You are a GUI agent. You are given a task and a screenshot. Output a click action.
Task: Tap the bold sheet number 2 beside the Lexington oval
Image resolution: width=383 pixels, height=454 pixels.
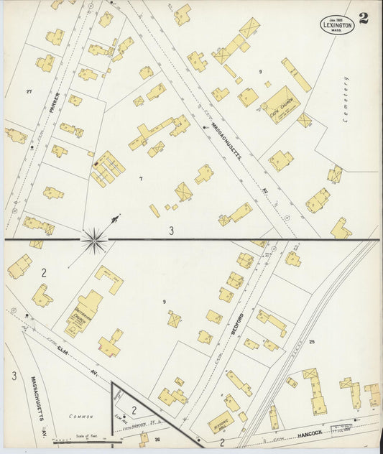[x=364, y=18]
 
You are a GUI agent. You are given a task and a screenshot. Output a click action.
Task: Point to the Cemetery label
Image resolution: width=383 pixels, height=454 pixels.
[x=346, y=103]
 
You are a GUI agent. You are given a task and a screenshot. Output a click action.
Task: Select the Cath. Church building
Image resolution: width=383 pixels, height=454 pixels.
[x=280, y=105]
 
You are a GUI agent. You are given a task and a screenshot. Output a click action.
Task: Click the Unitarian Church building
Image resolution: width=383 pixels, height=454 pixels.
[x=83, y=312]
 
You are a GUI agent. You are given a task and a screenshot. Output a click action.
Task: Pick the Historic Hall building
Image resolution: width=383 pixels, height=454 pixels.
[x=221, y=420]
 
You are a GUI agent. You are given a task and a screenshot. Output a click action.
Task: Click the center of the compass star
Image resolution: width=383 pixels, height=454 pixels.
[x=94, y=239]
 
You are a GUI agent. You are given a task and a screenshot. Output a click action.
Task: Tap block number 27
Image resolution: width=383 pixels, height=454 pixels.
[x=29, y=91]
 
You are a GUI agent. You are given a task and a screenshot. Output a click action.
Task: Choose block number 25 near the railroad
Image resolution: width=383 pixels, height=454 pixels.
[x=312, y=342]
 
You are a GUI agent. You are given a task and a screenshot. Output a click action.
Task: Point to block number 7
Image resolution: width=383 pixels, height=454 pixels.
[x=141, y=178]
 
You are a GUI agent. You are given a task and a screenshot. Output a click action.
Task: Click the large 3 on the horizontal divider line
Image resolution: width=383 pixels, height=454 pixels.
[x=171, y=231]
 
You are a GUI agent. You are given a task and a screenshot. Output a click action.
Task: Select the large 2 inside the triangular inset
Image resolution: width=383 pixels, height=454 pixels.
[x=134, y=410]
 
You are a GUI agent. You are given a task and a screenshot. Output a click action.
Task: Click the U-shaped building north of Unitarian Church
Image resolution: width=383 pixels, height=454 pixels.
[x=109, y=279]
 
